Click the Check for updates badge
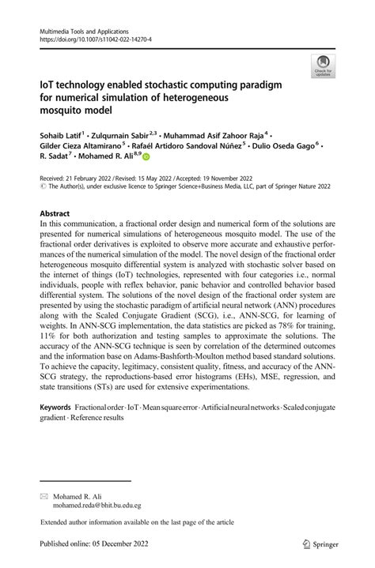[x=321, y=66]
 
